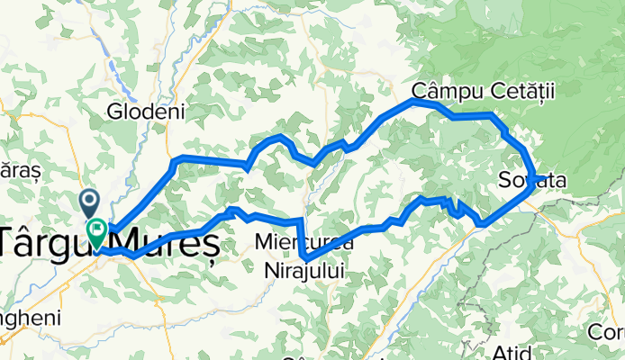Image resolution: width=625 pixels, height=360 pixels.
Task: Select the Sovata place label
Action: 531,182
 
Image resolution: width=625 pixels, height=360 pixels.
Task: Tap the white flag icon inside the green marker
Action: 96,229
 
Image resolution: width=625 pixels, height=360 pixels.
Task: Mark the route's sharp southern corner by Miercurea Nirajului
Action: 304,258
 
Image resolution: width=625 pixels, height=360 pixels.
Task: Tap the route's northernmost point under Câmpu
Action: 414,102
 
